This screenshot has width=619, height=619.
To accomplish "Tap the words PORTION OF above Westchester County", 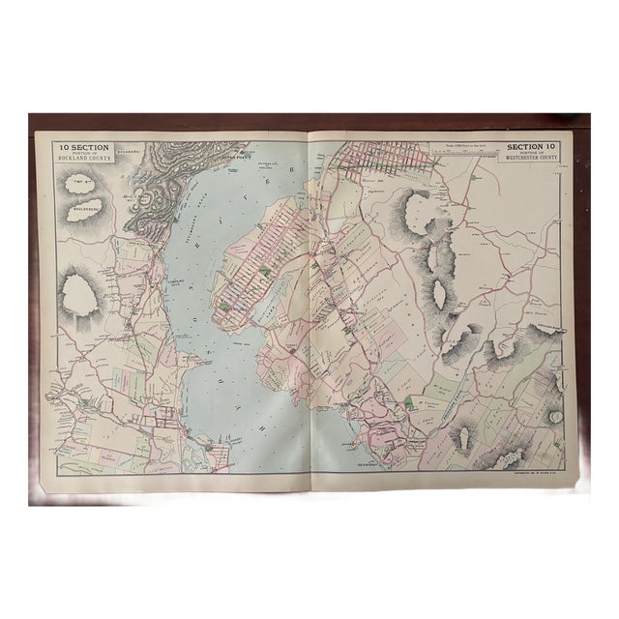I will point(531,154).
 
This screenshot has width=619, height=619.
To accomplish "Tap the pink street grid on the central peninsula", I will point(253,280).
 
